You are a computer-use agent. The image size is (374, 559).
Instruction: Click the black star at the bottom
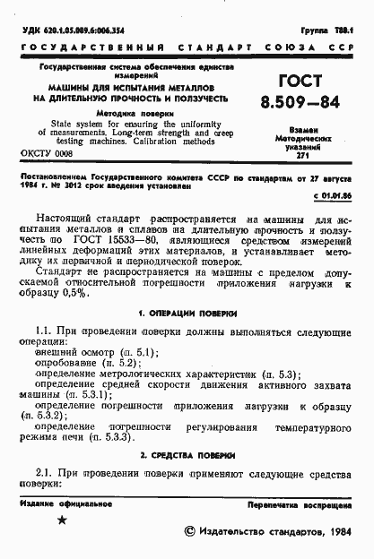pyautogui.click(x=62, y=520)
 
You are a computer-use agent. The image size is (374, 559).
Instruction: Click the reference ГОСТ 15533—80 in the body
pyautogui.click(x=128, y=240)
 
